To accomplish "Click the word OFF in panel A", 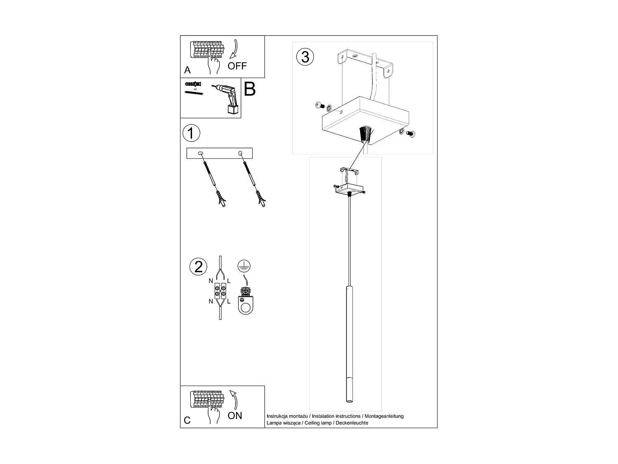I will point(237,66).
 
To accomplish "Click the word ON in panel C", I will point(235,416).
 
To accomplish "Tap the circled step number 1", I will point(191,133).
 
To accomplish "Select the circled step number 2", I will point(198,267).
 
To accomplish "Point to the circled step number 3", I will point(305,57).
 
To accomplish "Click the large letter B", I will point(250,90).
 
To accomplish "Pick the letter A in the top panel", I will point(187,70).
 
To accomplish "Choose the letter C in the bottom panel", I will point(187,420).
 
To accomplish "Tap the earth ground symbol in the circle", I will point(244,266).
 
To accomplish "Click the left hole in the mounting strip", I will point(201,154).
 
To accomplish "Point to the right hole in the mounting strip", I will point(240,154).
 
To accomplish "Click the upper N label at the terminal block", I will point(211,281).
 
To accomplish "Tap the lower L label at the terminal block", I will point(229,301).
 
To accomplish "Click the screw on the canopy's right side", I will point(410,134).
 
